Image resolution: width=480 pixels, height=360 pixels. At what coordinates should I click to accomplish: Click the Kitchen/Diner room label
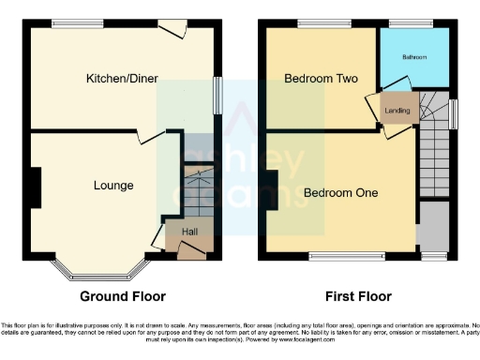point(122,78)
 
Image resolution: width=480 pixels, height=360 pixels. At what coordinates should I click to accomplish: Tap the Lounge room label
point(112,186)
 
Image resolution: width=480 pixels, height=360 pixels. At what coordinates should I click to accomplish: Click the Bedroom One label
point(340,193)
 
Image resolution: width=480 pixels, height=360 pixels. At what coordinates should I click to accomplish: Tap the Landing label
point(397,111)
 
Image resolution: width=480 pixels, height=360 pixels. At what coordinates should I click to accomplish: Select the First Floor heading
point(358,297)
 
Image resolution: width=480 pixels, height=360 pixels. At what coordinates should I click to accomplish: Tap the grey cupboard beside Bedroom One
point(433,225)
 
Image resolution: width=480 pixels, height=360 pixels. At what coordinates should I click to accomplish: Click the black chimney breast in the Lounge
point(36,187)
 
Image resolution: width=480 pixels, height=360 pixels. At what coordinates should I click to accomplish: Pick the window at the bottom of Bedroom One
point(338,254)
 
